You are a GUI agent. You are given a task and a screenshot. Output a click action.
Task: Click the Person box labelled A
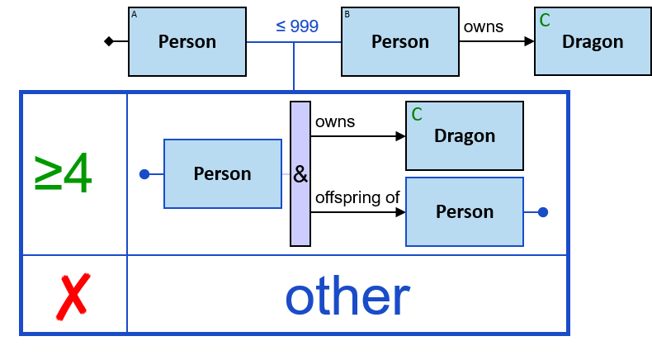(187, 41)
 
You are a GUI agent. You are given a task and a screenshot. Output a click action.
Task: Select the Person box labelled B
(400, 41)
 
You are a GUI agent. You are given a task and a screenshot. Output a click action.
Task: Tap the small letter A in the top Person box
(135, 14)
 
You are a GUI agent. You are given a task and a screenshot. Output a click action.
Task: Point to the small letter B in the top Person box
(347, 14)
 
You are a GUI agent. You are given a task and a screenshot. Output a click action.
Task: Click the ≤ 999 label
(297, 26)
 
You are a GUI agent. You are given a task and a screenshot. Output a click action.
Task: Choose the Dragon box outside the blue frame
(593, 41)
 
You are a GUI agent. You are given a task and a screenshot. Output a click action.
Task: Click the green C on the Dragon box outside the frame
(545, 20)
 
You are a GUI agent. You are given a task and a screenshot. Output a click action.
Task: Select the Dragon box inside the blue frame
(465, 135)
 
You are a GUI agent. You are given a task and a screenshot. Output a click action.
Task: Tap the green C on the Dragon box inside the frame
(417, 114)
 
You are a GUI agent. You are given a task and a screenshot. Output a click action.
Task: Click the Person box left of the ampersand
(222, 173)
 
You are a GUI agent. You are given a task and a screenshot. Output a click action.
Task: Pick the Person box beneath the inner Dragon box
(465, 211)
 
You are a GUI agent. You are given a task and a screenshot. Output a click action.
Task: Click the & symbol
(300, 175)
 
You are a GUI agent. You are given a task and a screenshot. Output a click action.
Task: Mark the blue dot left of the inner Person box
(144, 174)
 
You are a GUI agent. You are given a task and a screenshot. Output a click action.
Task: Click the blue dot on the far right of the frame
(543, 212)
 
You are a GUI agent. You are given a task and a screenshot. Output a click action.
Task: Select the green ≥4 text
(63, 173)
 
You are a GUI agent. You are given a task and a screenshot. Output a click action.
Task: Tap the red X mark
(73, 296)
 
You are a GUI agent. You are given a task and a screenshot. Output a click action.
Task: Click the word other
(347, 296)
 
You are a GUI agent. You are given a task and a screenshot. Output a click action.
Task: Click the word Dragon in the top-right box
(593, 41)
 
